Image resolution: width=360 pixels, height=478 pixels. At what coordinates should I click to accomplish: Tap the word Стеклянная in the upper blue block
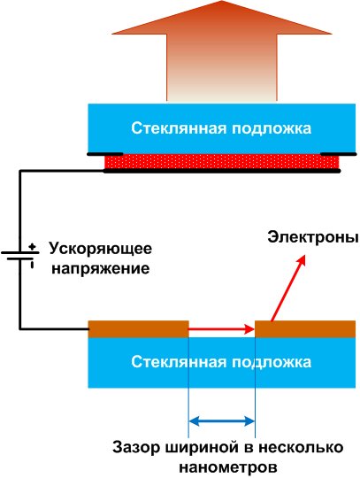(x=179, y=127)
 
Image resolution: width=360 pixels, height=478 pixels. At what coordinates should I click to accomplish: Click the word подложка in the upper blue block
(x=272, y=128)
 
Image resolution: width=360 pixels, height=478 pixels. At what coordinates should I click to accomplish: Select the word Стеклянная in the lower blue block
(x=179, y=362)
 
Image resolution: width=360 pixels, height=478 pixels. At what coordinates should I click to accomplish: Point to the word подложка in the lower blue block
(x=272, y=362)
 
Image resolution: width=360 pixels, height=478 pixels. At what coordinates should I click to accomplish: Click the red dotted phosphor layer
(x=222, y=162)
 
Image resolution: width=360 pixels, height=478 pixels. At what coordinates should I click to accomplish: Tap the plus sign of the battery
(x=32, y=247)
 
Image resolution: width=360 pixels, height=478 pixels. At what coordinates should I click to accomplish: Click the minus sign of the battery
(x=32, y=265)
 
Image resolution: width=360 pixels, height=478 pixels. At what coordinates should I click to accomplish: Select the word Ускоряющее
(x=101, y=249)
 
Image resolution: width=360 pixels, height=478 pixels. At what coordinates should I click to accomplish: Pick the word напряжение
(x=101, y=269)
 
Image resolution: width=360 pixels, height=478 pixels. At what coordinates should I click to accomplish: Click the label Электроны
(x=313, y=237)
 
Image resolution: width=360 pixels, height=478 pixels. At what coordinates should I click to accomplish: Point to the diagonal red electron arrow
(x=287, y=289)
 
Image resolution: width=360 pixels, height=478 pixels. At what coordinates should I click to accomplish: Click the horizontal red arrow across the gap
(x=221, y=329)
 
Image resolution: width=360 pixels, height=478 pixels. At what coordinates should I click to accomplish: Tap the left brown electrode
(x=138, y=329)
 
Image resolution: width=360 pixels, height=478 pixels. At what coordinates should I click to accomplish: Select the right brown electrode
(x=305, y=329)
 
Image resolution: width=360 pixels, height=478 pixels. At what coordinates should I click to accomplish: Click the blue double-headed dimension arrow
(x=222, y=421)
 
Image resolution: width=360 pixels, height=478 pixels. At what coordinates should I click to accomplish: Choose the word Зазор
(x=136, y=448)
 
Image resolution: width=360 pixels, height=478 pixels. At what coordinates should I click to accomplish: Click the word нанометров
(x=228, y=467)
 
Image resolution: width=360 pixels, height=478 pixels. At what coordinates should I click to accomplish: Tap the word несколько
(x=301, y=448)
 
